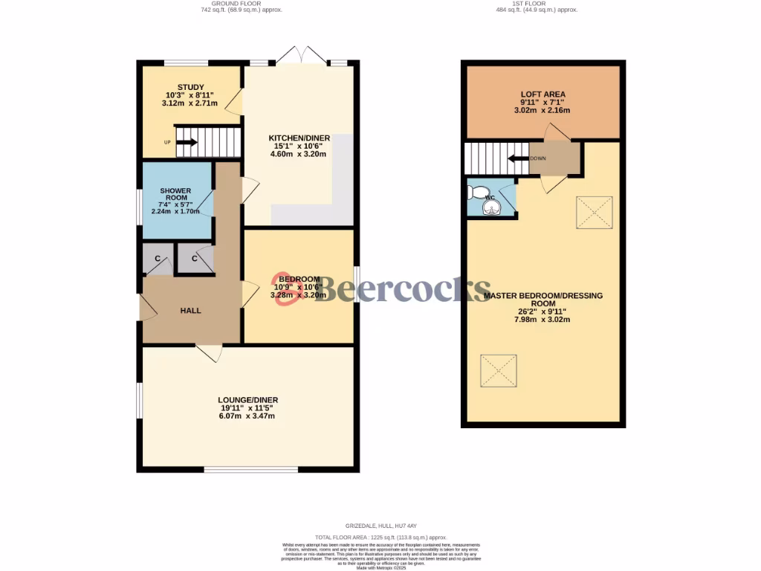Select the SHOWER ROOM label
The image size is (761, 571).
click(175, 196)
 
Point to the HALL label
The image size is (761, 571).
click(190, 311)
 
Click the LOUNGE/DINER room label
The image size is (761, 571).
click(247, 400)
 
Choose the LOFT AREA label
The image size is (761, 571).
click(543, 94)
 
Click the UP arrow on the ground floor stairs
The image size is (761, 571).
click(187, 142)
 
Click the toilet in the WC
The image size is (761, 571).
click(477, 193)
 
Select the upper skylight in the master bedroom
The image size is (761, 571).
click(594, 213)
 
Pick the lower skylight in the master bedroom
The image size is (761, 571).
click(499, 370)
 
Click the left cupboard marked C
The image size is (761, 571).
click(158, 259)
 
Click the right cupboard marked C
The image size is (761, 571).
click(195, 259)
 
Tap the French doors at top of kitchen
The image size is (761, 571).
click(300, 56)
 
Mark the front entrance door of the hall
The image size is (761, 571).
click(144, 307)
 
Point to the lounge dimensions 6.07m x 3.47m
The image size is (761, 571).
click(247, 416)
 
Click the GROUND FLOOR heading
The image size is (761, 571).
click(242, 4)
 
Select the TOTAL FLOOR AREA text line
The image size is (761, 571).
click(380, 537)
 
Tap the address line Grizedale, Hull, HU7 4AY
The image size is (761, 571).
click(380, 526)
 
